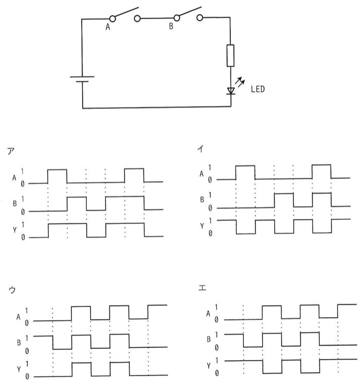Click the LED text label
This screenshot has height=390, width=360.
(x=258, y=89)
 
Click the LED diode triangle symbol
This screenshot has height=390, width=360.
(x=231, y=91)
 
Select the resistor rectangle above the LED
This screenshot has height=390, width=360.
(x=230, y=56)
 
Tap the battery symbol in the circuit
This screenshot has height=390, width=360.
(x=82, y=79)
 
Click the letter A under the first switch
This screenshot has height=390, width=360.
(x=107, y=27)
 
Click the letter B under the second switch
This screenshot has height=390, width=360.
(x=171, y=26)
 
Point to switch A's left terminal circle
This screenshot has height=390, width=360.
(x=113, y=19)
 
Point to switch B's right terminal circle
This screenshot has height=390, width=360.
(x=200, y=18)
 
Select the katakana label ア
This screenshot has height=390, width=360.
(x=11, y=151)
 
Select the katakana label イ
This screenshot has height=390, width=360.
(x=200, y=149)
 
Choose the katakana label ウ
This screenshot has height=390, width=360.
(x=12, y=289)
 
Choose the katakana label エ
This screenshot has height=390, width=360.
(x=202, y=288)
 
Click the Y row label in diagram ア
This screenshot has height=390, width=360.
(x=14, y=230)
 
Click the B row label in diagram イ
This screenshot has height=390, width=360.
(x=202, y=199)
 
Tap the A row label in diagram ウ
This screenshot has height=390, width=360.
(x=18, y=317)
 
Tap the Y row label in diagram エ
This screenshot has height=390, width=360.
(x=209, y=366)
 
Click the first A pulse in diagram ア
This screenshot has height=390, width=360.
(x=57, y=176)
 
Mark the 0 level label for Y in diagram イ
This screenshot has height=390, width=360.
(x=210, y=233)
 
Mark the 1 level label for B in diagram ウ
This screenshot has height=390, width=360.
(x=27, y=338)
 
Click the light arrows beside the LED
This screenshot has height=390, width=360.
(x=240, y=82)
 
